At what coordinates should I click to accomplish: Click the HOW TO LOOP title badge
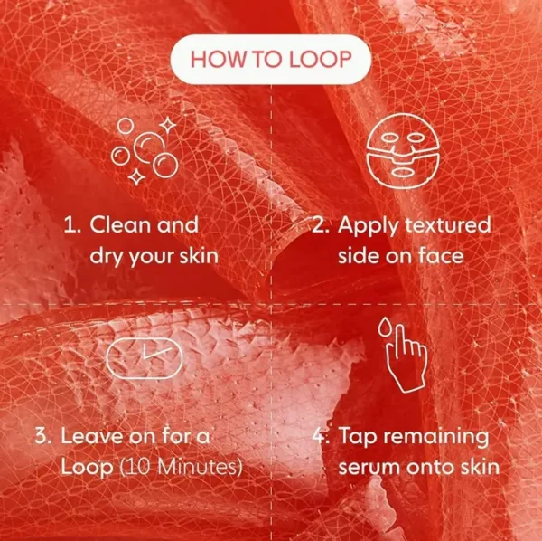pos(271,59)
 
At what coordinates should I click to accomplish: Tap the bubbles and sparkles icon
pos(145,151)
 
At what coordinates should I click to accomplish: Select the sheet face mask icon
pos(403,150)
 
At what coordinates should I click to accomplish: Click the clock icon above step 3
pos(144,358)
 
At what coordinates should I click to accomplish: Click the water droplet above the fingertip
pos(383,327)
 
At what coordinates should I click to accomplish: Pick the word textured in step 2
pos(448,224)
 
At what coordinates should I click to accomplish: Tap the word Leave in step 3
pos(92,435)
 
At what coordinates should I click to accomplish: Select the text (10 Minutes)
pos(181,467)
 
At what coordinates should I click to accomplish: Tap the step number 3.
pos(42,435)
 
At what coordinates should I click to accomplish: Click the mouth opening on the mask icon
pos(403,172)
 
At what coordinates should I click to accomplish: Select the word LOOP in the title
pos(320,59)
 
